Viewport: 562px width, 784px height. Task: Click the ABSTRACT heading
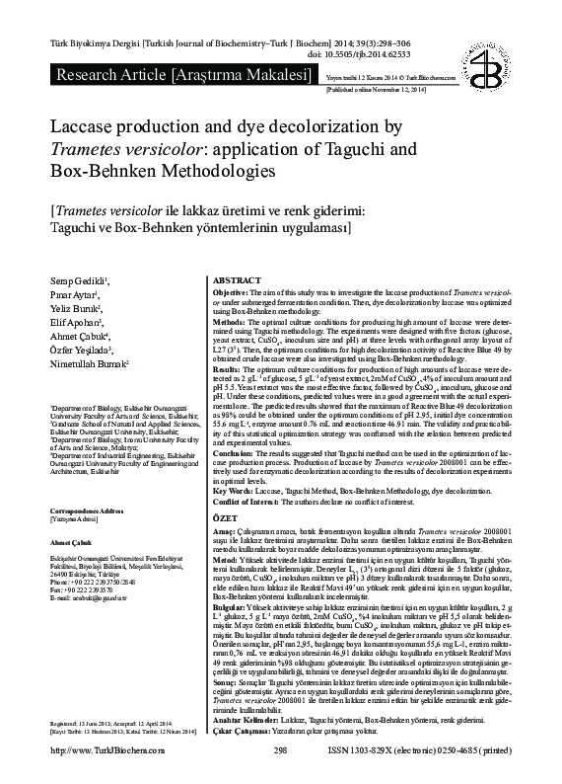tap(238, 280)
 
